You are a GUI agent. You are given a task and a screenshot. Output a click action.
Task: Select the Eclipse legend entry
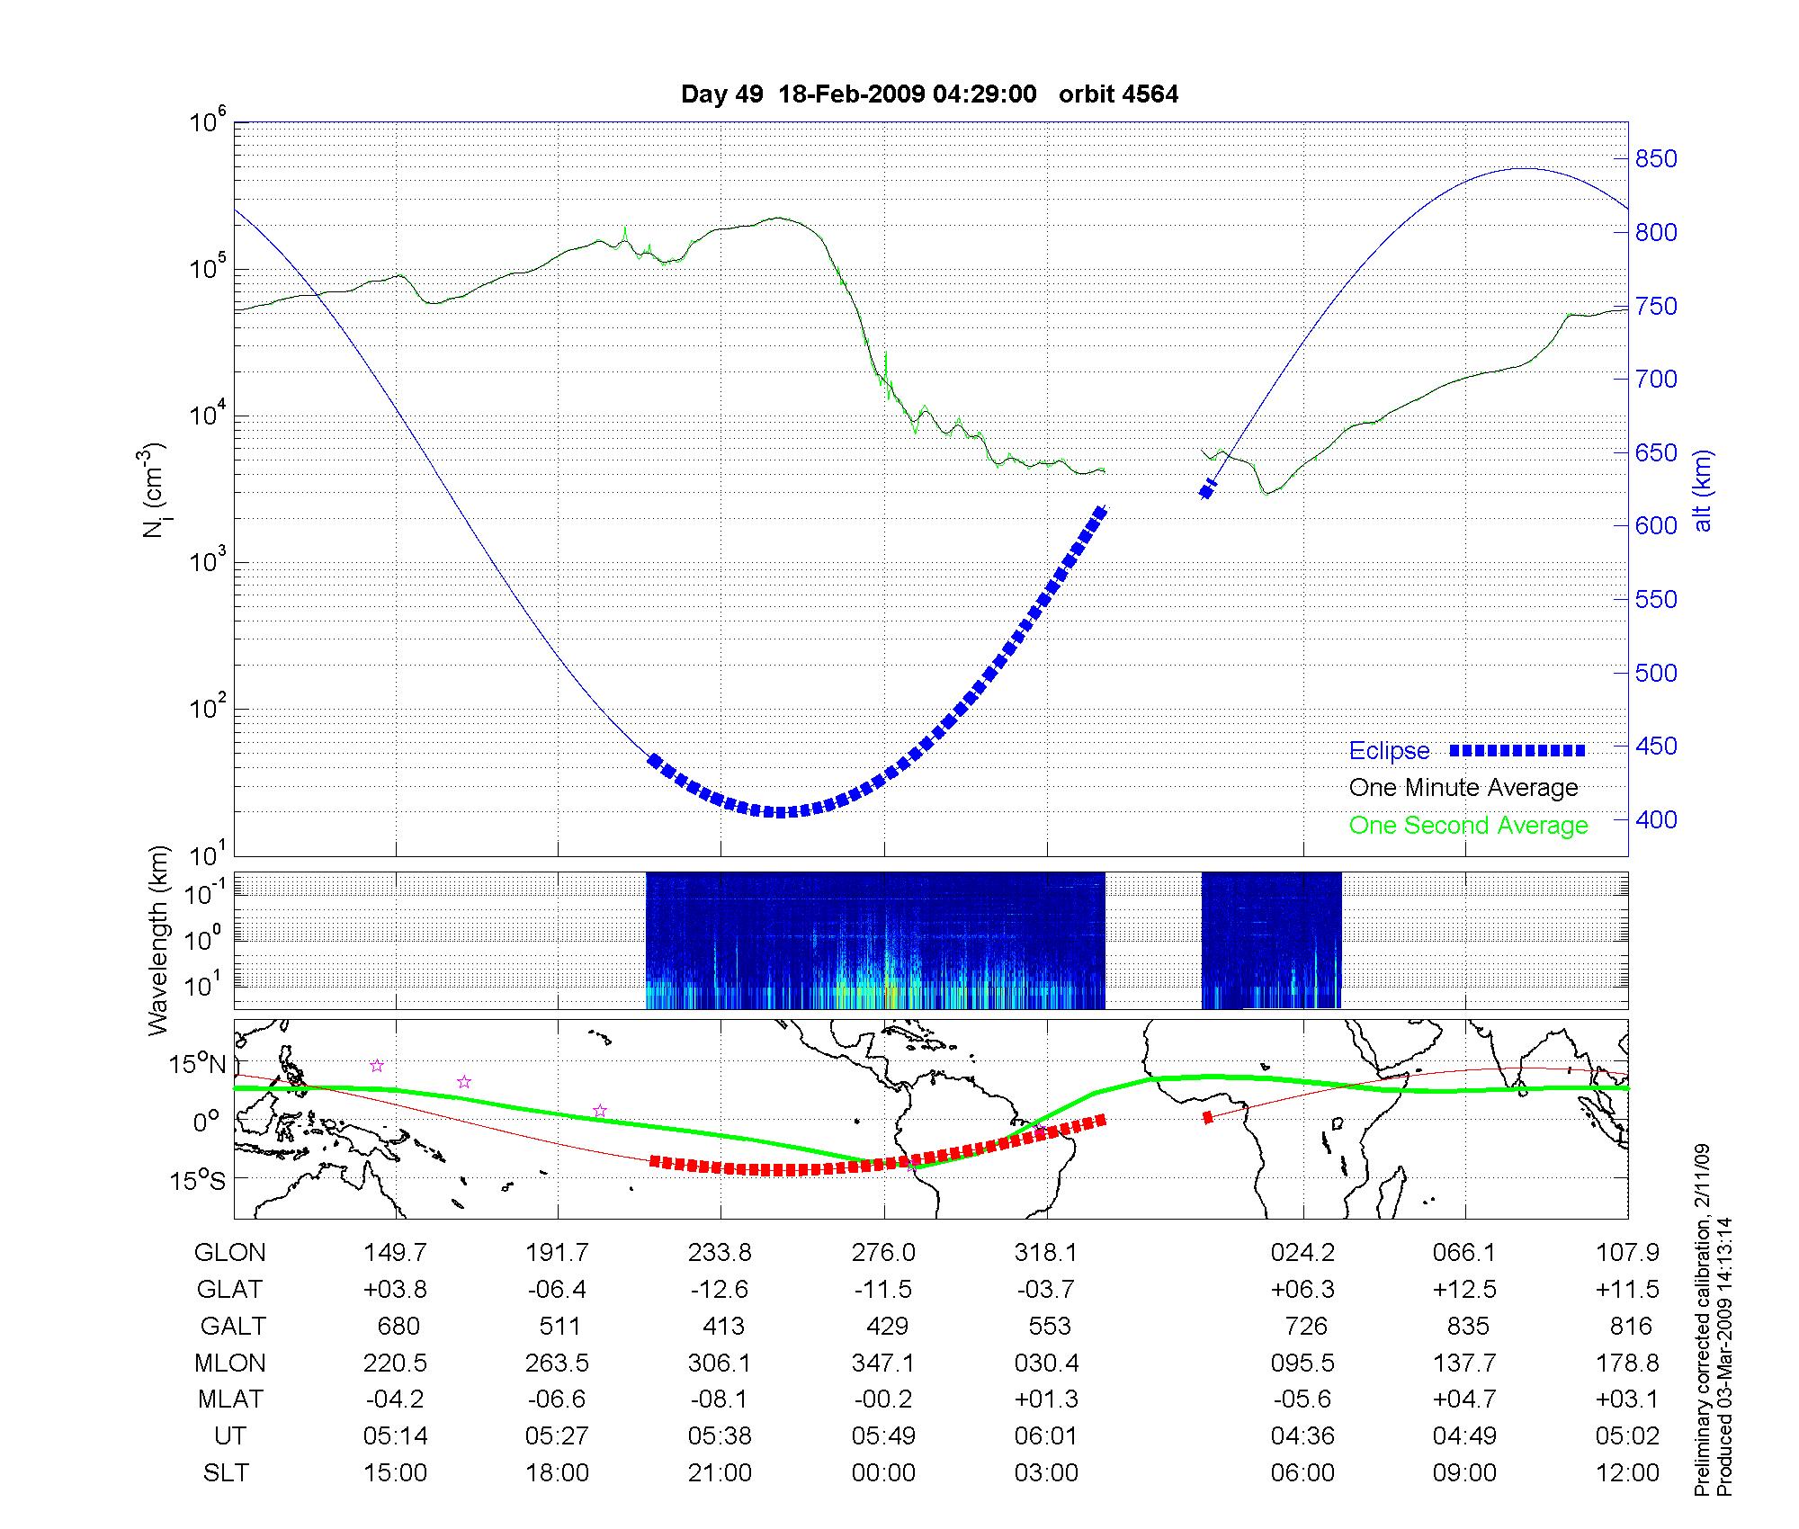1389,751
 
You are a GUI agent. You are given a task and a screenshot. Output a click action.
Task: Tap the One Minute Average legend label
1463,788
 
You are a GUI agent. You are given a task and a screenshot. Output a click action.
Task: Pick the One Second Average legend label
1468,826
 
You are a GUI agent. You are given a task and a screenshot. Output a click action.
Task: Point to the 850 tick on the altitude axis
1655,159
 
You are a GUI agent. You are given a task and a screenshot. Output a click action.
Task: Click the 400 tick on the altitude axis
1655,819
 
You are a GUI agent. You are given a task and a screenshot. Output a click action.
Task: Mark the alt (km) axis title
1703,490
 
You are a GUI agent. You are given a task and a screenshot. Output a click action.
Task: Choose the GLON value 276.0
883,1253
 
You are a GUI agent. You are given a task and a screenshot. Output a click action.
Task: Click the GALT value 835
1465,1327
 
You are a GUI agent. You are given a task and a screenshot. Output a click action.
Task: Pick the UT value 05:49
883,1436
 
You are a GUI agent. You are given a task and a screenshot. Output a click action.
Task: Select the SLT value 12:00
1627,1473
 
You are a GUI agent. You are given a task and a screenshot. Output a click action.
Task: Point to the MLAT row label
230,1399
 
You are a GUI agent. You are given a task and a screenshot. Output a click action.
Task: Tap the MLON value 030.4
1047,1364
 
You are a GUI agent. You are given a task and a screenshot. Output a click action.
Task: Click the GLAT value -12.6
720,1290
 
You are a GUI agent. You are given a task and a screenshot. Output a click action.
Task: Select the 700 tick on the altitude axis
1655,380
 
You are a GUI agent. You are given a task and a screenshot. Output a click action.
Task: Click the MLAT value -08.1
720,1399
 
